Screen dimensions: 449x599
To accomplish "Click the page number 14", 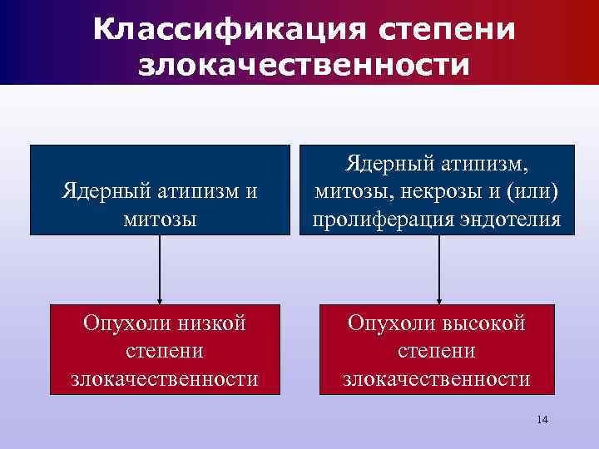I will [x=542, y=419].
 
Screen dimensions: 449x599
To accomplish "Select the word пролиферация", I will [x=382, y=220].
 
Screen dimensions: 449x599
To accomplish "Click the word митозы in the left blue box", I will [x=160, y=220].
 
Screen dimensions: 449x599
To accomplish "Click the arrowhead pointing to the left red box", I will [x=160, y=301].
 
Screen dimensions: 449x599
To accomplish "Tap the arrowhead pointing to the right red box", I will [x=438, y=301].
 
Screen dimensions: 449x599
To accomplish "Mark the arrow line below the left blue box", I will [x=160, y=266].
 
